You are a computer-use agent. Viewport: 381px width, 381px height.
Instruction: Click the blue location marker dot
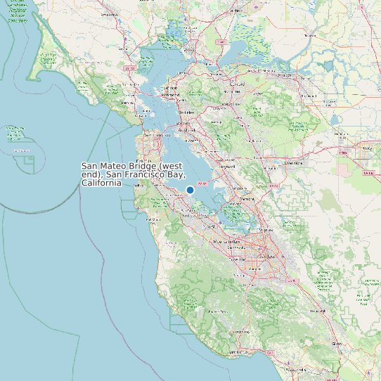pyautogui.click(x=190, y=190)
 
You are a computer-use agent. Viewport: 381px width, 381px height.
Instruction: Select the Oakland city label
pyautogui.click(x=188, y=129)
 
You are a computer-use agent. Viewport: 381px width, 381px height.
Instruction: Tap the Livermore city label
pyautogui.click(x=292, y=162)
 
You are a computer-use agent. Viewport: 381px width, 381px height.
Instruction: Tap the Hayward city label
pyautogui.click(x=226, y=167)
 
